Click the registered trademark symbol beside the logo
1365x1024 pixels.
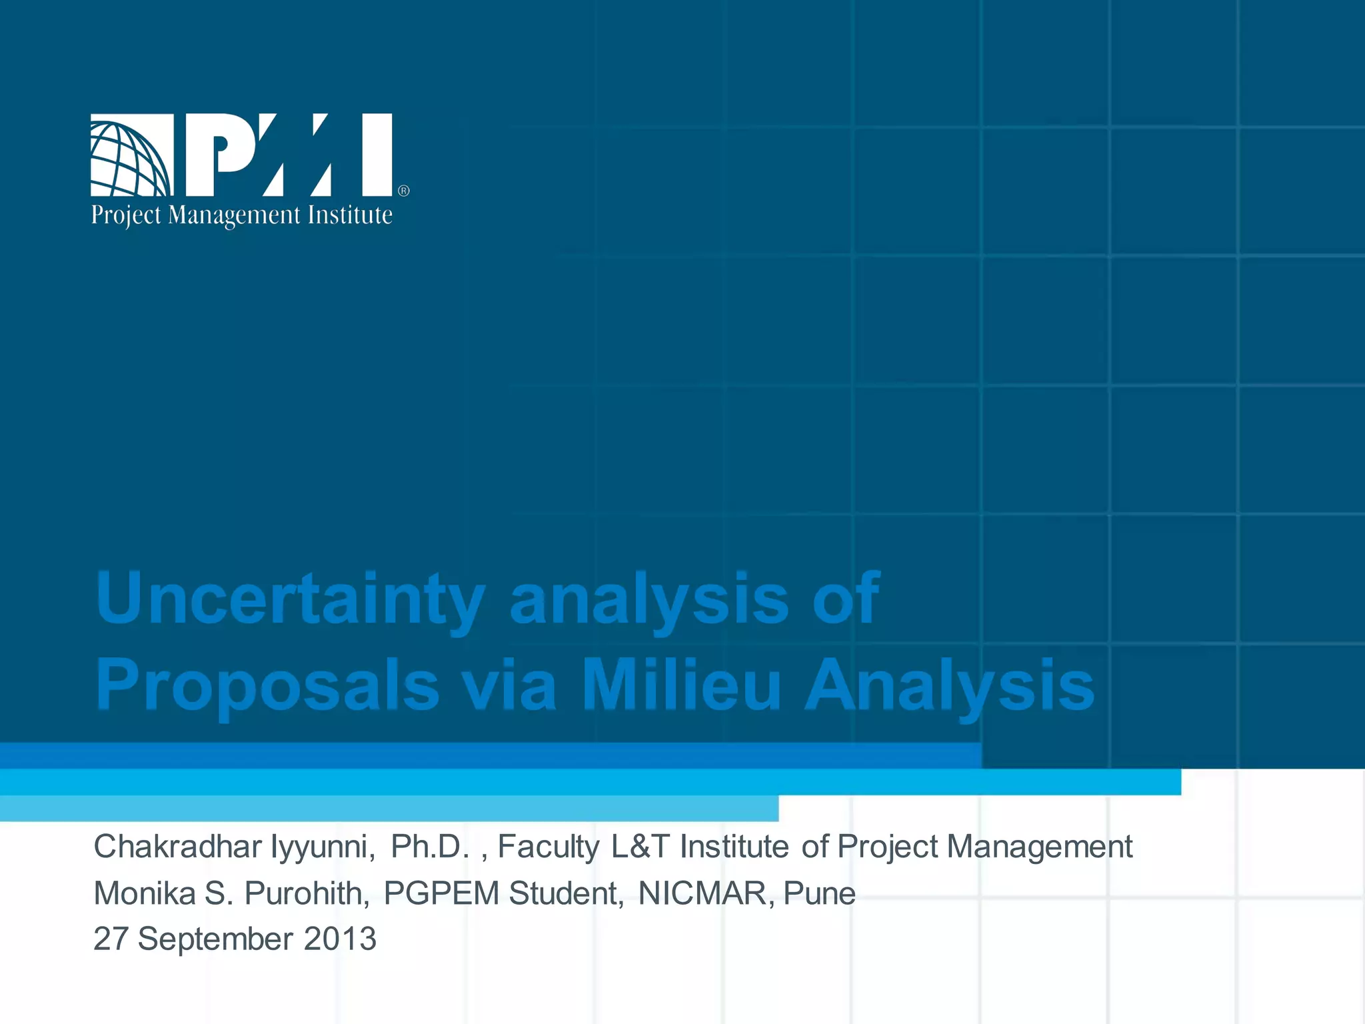coord(404,191)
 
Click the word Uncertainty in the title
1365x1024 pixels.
coord(290,599)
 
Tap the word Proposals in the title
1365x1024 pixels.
coord(267,685)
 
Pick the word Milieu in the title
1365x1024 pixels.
coord(681,685)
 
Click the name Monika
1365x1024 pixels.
coord(144,893)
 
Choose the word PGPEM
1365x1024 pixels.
coord(441,893)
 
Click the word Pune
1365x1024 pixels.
coord(819,893)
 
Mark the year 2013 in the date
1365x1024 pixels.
coord(340,939)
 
